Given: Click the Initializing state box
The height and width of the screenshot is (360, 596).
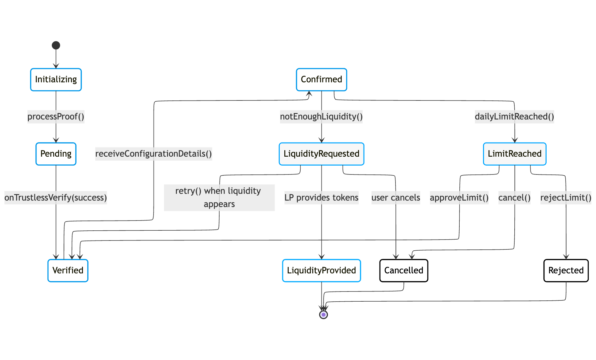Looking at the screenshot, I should [56, 80].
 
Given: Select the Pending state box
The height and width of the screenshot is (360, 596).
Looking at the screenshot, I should [56, 154].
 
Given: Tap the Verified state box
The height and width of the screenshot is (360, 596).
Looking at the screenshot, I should [68, 271].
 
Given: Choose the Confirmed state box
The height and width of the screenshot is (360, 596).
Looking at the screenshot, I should [321, 80].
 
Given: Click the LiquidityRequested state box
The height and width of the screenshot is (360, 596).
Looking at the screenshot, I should [321, 154].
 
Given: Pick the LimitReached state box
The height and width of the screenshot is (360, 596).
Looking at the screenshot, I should [515, 154].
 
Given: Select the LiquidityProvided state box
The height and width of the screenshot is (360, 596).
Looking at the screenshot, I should [321, 271].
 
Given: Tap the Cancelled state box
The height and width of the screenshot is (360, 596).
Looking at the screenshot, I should [404, 271].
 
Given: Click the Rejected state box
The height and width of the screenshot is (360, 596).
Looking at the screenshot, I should [566, 271].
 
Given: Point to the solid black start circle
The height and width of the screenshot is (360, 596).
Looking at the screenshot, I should [56, 45].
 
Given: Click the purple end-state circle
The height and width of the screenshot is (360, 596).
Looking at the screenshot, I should [323, 315].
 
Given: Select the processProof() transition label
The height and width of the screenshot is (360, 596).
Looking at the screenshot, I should [56, 117].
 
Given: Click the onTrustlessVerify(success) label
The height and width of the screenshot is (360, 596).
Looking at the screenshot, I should [56, 198].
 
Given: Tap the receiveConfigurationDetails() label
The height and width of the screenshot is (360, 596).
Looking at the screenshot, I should [154, 154].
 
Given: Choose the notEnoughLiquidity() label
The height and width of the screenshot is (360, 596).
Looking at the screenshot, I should [321, 117].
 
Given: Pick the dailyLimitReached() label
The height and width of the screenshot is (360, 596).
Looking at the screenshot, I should [515, 117].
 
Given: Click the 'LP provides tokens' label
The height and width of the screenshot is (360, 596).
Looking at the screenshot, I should [321, 198].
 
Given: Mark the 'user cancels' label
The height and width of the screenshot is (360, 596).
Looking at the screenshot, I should [396, 198].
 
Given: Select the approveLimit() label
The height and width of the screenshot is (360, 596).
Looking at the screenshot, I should [459, 198].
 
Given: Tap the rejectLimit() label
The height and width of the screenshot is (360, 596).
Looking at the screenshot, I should [566, 198].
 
